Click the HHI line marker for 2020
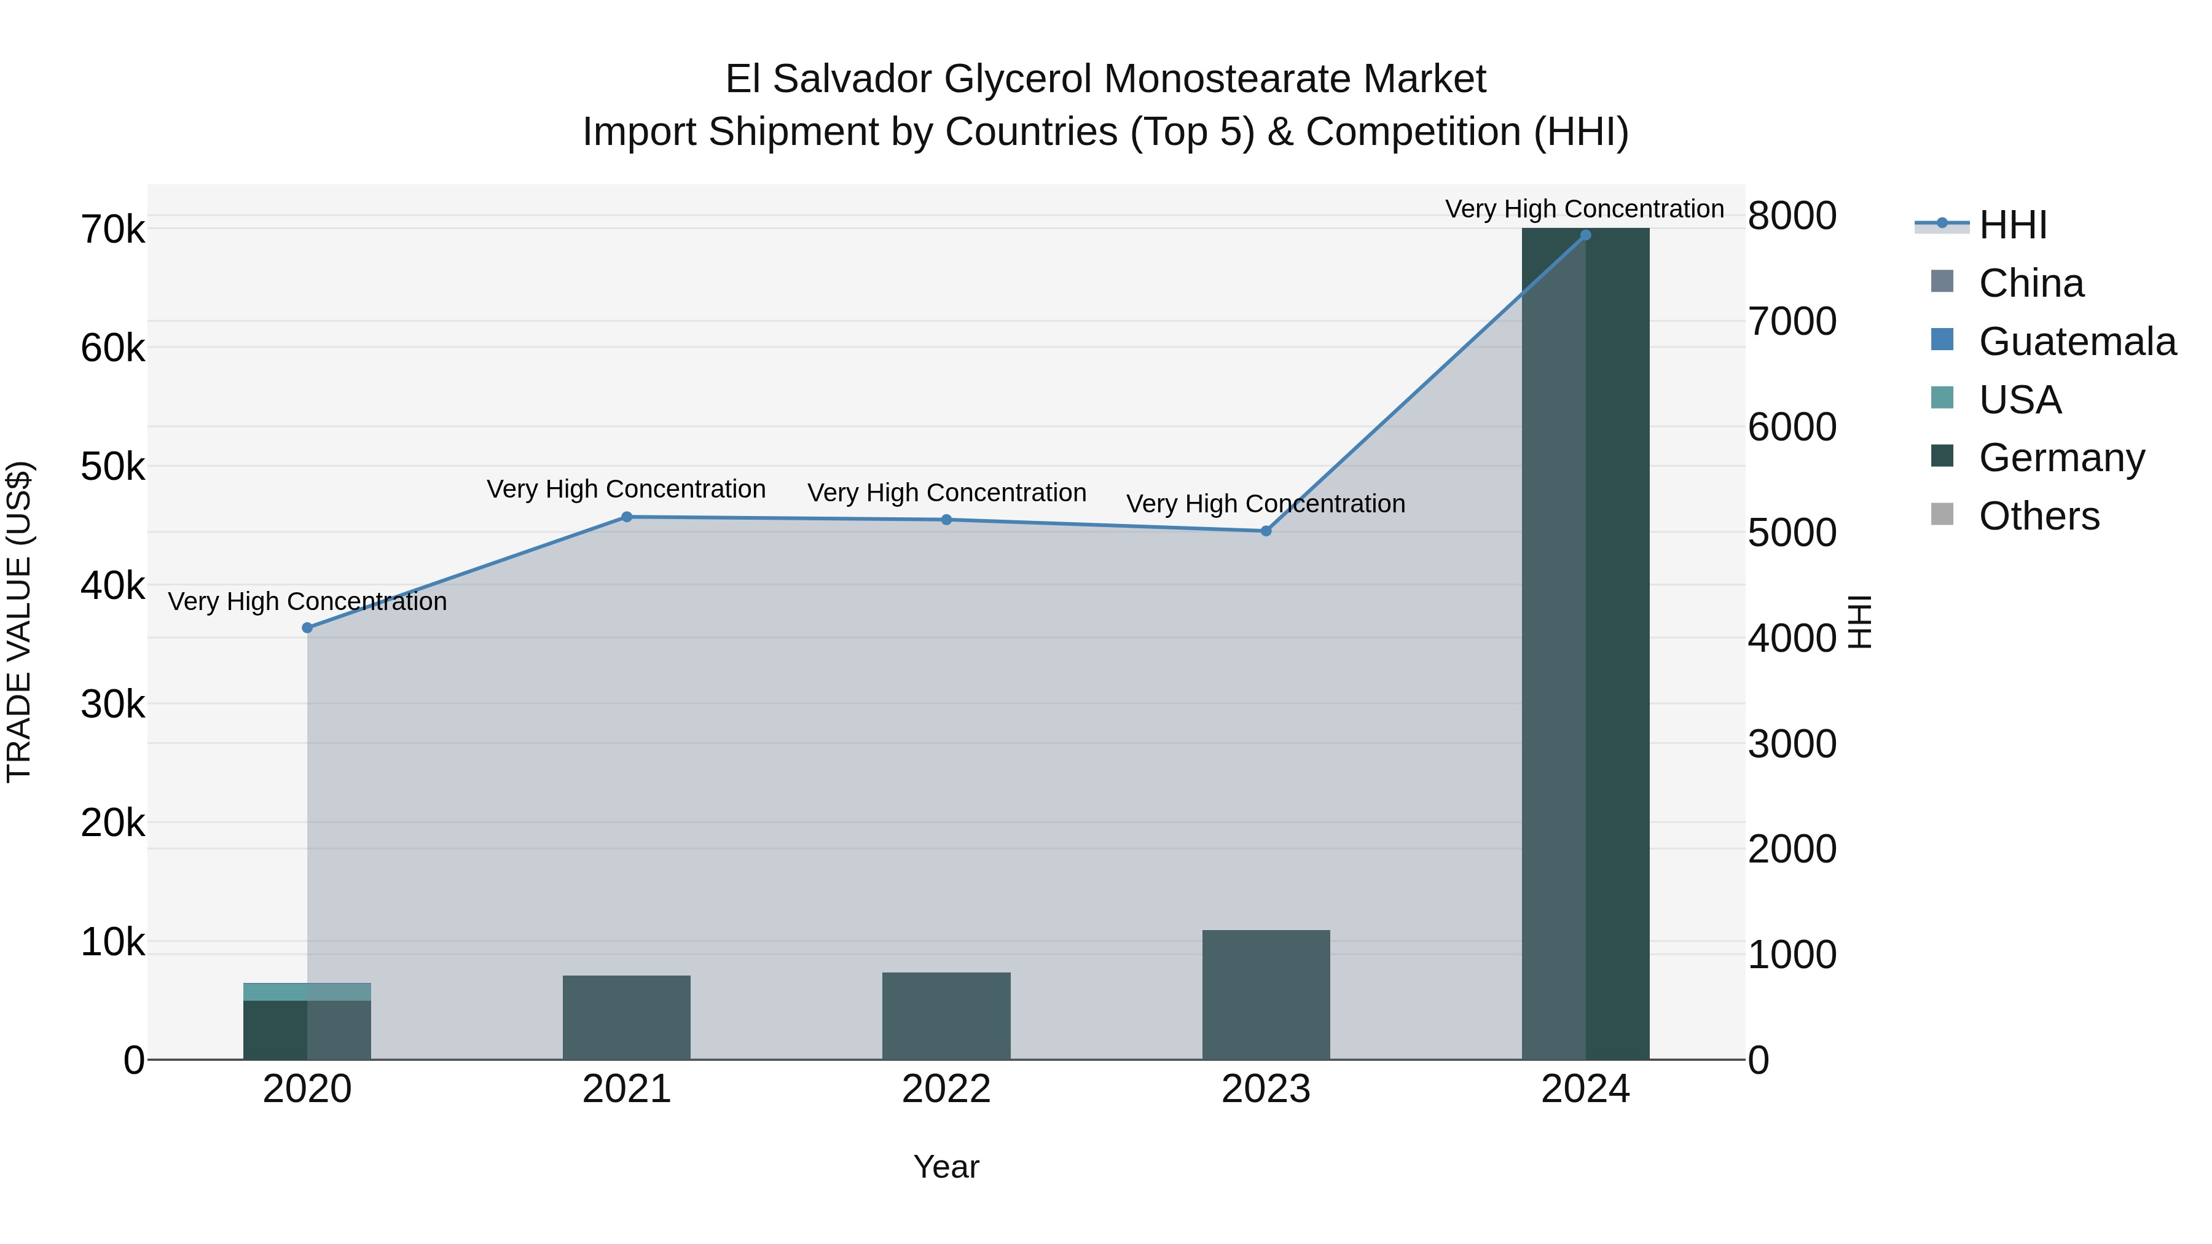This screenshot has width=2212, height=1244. pyautogui.click(x=307, y=628)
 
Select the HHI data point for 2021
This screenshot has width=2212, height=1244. pyautogui.click(x=627, y=517)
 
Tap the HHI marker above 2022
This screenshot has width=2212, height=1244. pyautogui.click(x=946, y=519)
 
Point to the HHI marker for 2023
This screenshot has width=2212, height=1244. pyautogui.click(x=1266, y=531)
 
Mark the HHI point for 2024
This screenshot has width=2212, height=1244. pyautogui.click(x=1585, y=235)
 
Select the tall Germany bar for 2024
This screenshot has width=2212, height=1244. pyautogui.click(x=1585, y=644)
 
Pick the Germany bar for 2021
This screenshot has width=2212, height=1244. pyautogui.click(x=627, y=1017)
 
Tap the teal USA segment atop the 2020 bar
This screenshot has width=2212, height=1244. pyautogui.click(x=307, y=992)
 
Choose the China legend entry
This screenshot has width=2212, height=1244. pyautogui.click(x=2030, y=283)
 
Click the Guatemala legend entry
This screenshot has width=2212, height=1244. pyautogui.click(x=2076, y=342)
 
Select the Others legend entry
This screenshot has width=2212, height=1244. pyautogui.click(x=2039, y=516)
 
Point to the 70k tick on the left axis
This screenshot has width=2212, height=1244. pyautogui.click(x=112, y=230)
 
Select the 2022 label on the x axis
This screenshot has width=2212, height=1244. pyautogui.click(x=946, y=1089)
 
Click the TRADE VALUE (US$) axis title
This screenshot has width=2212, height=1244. pyautogui.click(x=19, y=622)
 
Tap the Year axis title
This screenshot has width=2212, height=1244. pyautogui.click(x=946, y=1167)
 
